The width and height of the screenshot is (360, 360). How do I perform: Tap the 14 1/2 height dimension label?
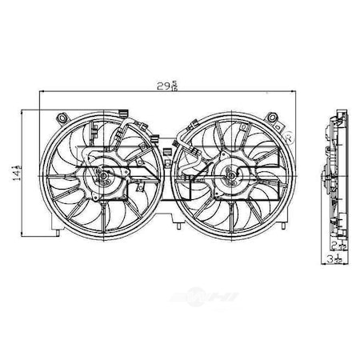(x=14, y=171)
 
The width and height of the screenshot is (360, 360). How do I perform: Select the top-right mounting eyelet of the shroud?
(x=277, y=119)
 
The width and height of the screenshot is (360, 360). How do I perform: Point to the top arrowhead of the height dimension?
(x=25, y=111)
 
